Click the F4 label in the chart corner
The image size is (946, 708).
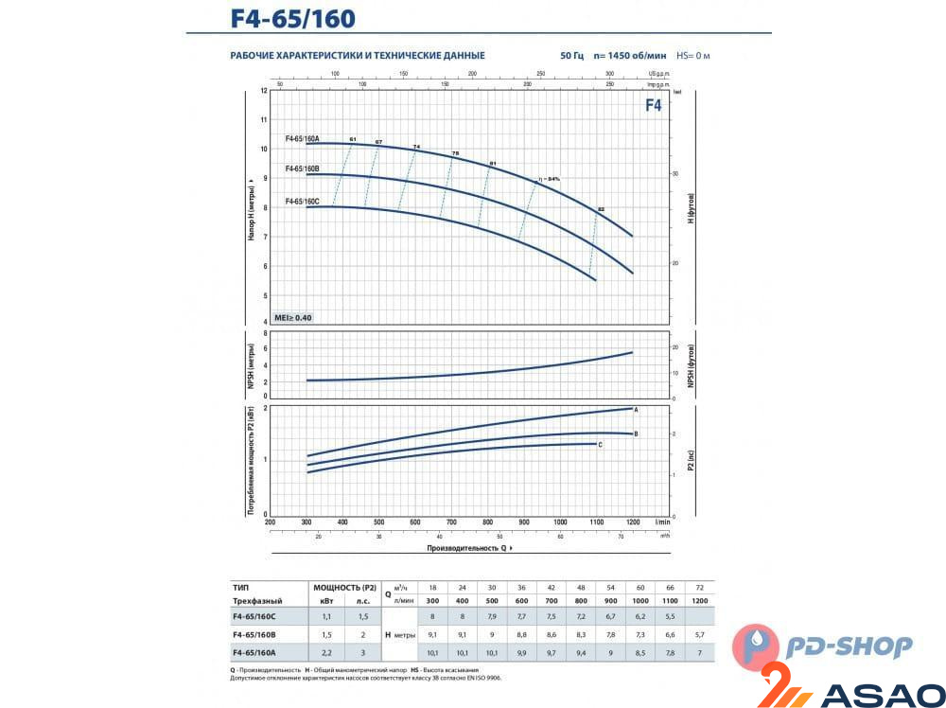(x=653, y=106)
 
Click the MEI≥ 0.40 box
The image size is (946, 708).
(x=292, y=317)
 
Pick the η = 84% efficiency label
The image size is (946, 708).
(x=549, y=179)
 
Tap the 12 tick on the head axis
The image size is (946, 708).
(x=264, y=91)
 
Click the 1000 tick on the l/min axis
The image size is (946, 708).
(x=560, y=522)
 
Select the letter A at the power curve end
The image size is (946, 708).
(x=637, y=409)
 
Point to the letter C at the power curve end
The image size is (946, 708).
(x=600, y=444)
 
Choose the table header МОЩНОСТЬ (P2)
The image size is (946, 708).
(x=344, y=587)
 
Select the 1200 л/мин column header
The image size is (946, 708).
(x=699, y=601)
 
